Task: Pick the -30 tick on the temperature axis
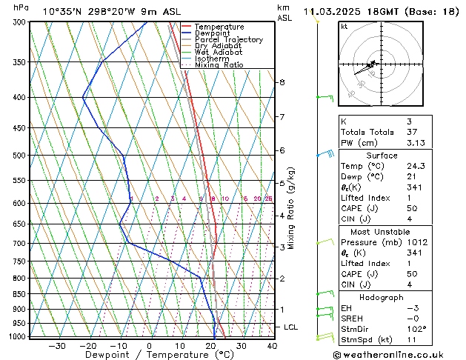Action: [56, 346]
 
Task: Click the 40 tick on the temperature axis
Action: [272, 346]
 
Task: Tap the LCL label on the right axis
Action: [291, 327]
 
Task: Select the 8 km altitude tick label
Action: [282, 82]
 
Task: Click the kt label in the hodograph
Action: [344, 26]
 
